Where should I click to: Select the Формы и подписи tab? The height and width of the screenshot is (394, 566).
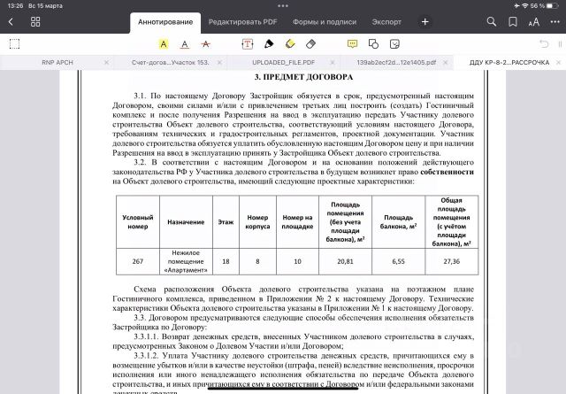(320, 21)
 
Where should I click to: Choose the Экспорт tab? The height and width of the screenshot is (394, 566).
(386, 21)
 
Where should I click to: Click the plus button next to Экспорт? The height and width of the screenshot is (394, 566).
(425, 21)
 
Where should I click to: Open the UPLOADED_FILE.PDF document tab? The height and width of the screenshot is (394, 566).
(282, 63)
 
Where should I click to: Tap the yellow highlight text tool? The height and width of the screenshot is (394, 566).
(164, 42)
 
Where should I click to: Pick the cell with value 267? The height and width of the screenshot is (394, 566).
(137, 261)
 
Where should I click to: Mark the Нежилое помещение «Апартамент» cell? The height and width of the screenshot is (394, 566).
(186, 261)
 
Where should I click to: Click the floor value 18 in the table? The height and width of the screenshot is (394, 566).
(226, 261)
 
